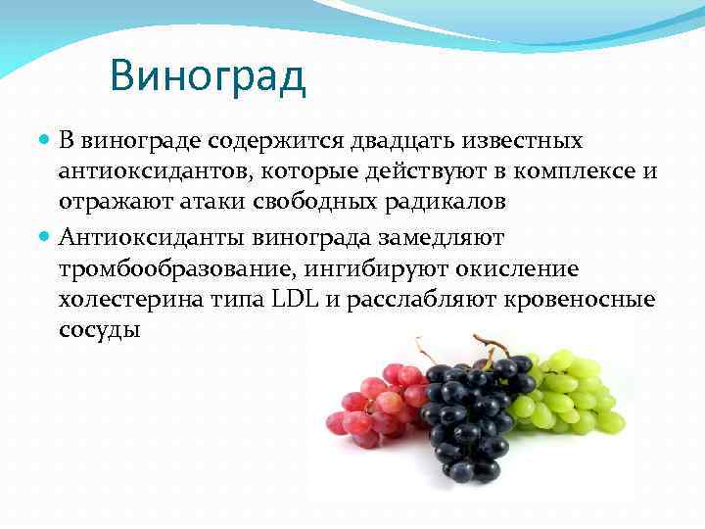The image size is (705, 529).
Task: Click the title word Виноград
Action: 208,76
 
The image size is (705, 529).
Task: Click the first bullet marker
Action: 45,142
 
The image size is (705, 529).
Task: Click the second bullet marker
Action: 45,236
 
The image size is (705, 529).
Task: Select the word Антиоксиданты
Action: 150,236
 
